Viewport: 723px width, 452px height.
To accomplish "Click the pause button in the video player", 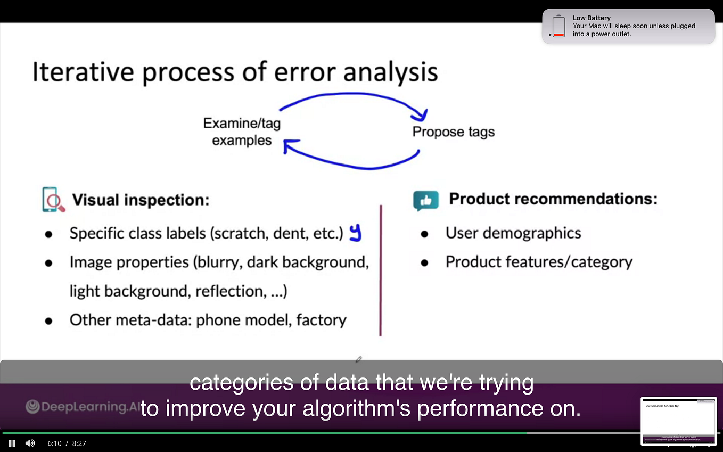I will point(12,443).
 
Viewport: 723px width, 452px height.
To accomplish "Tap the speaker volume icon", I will point(30,443).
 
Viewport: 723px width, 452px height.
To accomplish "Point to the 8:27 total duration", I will point(79,443).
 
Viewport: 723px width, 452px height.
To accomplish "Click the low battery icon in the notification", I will point(558,26).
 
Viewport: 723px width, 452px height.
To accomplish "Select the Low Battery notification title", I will point(591,18).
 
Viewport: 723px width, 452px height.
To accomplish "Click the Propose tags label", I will point(453,132).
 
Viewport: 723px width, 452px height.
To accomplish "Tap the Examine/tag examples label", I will point(242,132).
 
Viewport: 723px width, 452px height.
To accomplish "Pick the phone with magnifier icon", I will point(53,200).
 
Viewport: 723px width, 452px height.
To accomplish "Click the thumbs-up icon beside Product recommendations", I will point(426,201).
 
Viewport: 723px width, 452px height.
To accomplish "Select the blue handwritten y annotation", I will point(355,233).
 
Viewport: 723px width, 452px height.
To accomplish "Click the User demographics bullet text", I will point(513,233).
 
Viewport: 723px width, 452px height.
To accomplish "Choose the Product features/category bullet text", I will point(539,262).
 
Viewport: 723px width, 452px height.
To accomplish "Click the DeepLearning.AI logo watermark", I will point(83,407).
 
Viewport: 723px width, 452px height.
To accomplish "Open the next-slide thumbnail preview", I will point(678,421).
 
